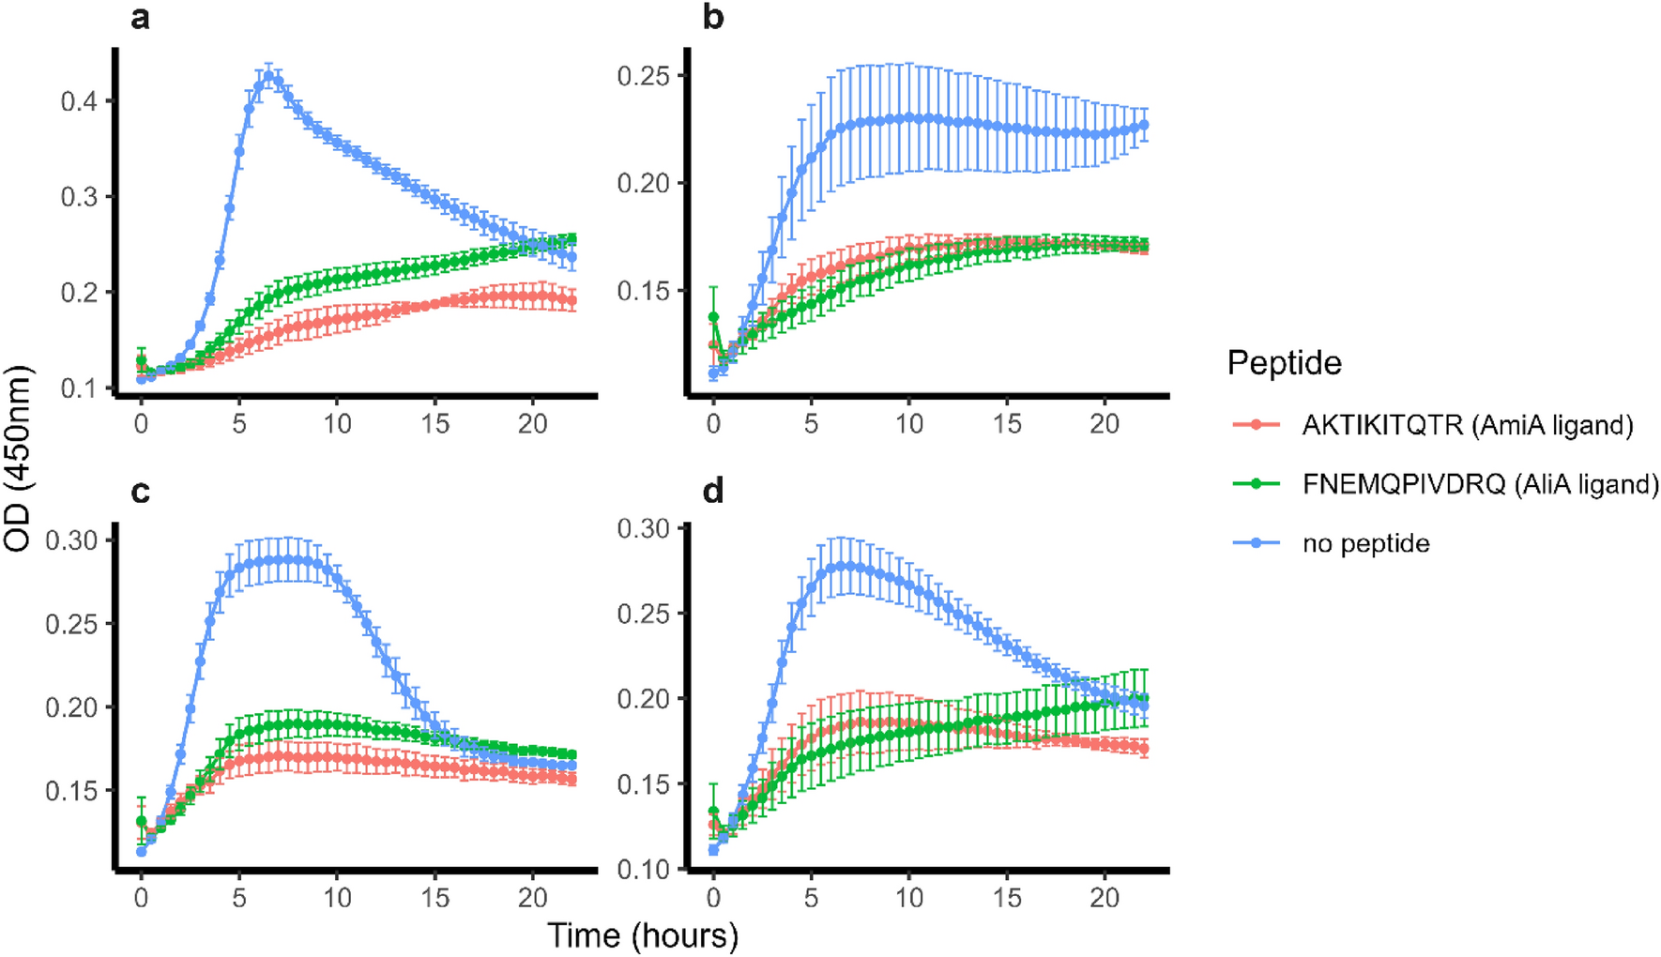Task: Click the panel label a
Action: coord(140,18)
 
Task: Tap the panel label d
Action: coord(713,491)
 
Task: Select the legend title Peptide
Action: coord(1284,363)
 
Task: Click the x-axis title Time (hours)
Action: coord(643,935)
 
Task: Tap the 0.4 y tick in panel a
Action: coord(79,100)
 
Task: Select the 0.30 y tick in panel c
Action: coord(71,539)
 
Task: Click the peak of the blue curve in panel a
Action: coord(269,77)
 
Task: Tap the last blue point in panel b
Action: coord(1143,125)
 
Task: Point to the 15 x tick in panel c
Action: coord(435,898)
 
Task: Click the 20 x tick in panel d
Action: coord(1105,898)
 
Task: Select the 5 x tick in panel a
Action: coord(239,424)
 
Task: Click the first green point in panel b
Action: coord(713,317)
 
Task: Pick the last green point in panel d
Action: coord(1143,699)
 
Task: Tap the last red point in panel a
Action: coord(571,302)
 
